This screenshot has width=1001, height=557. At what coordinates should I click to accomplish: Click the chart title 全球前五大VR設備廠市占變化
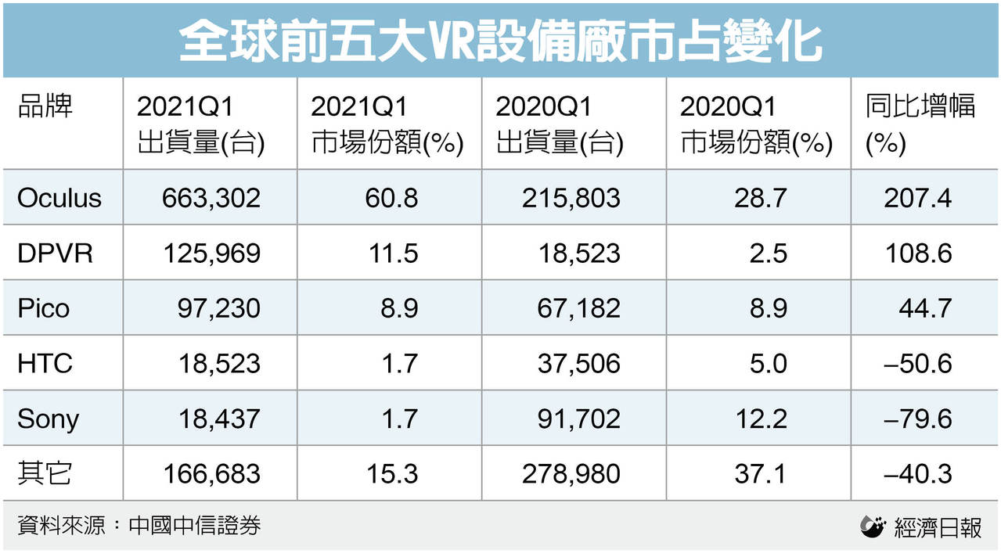click(x=500, y=39)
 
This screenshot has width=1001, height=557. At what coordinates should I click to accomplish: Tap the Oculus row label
click(x=59, y=198)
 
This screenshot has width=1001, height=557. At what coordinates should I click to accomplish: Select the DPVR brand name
click(x=55, y=253)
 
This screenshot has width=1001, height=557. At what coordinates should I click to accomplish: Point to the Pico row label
click(x=44, y=308)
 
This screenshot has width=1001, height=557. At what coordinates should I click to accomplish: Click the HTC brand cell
click(x=45, y=363)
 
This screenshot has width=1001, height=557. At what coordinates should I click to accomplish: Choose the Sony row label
click(x=48, y=419)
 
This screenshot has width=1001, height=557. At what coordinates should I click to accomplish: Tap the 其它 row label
click(x=45, y=473)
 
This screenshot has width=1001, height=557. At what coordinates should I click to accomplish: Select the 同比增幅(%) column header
click(x=920, y=124)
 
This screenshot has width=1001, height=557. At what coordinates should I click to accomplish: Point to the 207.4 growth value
click(x=917, y=198)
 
